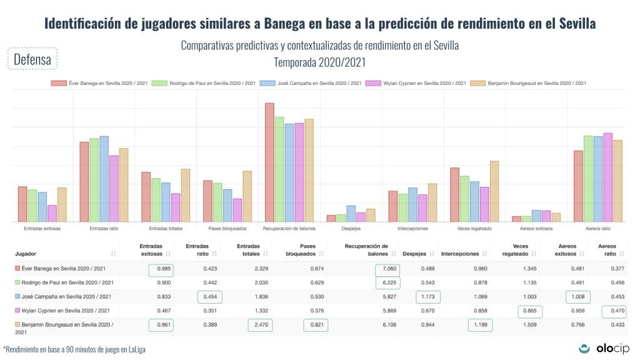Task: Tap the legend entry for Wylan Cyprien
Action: point(416,83)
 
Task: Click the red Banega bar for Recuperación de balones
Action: point(269,162)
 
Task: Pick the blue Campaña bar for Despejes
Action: point(351,214)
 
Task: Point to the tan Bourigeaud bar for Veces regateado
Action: point(494,191)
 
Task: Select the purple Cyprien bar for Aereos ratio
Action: point(607,177)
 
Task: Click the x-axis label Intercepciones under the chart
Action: point(412,229)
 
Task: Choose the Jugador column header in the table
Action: point(26,254)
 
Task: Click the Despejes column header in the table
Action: point(414,254)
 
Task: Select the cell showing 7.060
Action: point(387,270)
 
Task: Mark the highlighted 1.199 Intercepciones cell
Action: point(479,325)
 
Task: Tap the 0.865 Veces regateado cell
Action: point(530,311)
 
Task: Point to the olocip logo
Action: point(604,349)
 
